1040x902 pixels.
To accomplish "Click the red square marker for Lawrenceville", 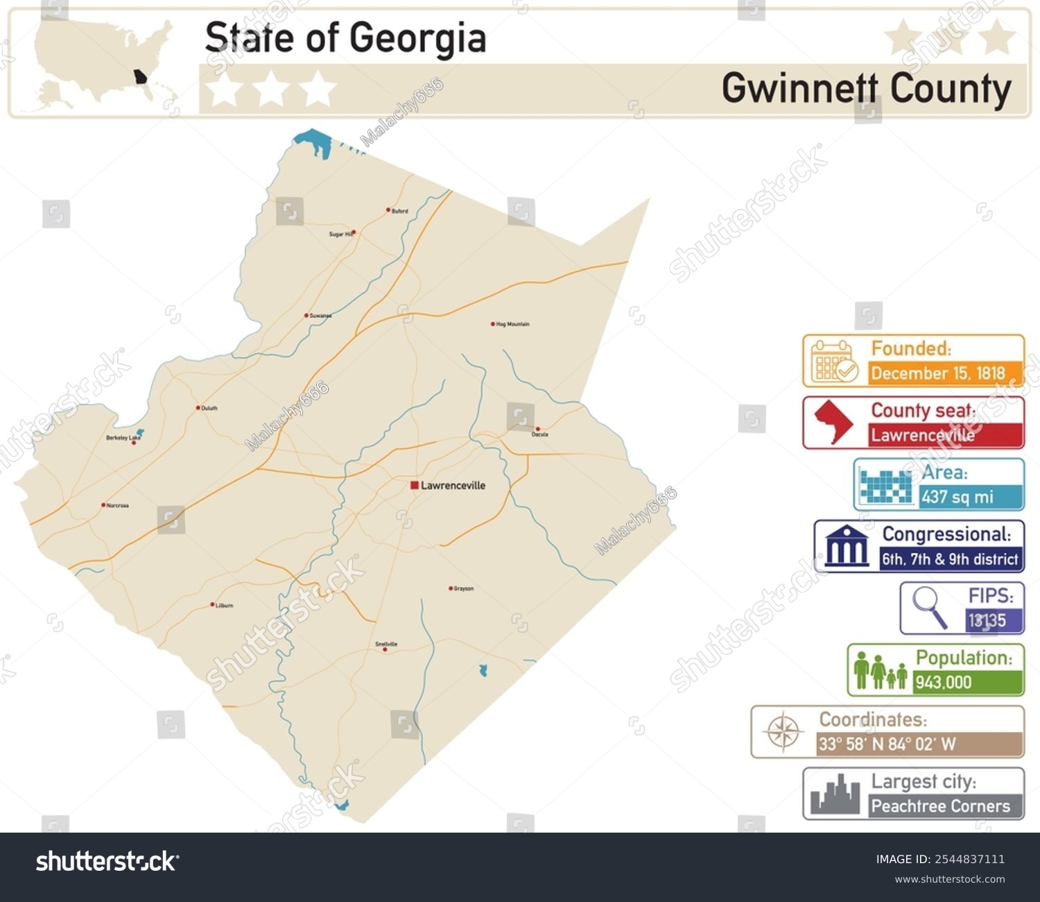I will click(x=414, y=485).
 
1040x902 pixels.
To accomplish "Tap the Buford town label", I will click(x=400, y=211).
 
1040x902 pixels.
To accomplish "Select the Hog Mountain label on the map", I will click(x=513, y=324).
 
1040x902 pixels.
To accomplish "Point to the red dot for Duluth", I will click(x=198, y=408).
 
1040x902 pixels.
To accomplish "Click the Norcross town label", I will click(x=118, y=506).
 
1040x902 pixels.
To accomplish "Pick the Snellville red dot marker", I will click(x=385, y=649).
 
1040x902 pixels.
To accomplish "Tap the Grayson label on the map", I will click(x=464, y=589).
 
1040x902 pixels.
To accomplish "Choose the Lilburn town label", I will click(x=225, y=606).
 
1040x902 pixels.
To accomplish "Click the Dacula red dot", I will click(x=537, y=429).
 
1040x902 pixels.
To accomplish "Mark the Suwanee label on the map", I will click(x=320, y=316).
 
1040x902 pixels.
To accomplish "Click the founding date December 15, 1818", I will click(x=938, y=373).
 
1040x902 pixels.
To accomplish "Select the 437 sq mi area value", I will click(x=957, y=497).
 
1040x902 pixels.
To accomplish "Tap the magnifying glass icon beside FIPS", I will click(x=929, y=606).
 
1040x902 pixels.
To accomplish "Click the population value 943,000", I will click(x=943, y=682).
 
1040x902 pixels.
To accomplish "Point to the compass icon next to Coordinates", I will click(x=783, y=732).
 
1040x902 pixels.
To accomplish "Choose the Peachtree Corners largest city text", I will click(x=940, y=806).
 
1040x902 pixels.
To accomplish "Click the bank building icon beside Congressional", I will click(x=847, y=547).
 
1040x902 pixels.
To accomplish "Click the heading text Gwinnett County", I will click(x=867, y=89).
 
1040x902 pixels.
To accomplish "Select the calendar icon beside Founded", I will click(x=833, y=361).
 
